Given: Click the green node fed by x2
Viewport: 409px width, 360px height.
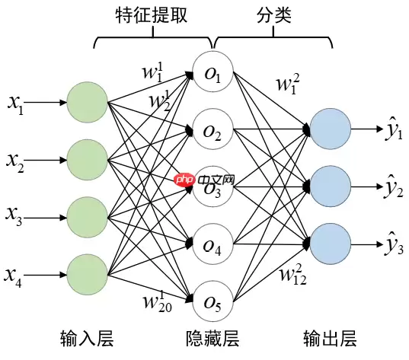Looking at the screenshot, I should (88, 159).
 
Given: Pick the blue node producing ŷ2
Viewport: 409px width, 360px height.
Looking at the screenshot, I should (330, 186).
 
